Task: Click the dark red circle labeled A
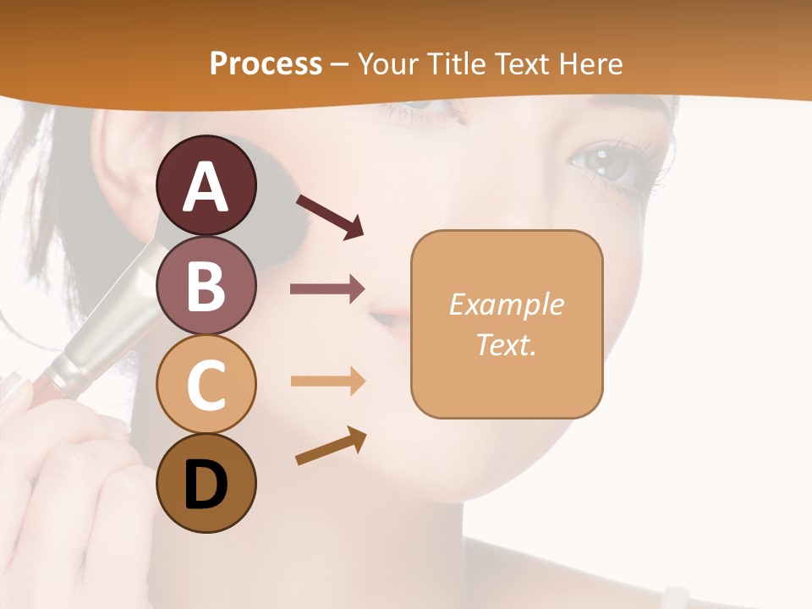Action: point(206,186)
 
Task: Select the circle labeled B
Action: point(206,285)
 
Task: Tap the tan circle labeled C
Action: point(206,384)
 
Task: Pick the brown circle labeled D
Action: point(206,483)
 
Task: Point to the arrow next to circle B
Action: point(327,289)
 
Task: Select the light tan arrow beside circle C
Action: point(327,381)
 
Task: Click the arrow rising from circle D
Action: point(331,447)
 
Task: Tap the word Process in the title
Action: point(266,63)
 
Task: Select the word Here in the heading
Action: point(588,63)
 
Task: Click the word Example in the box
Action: point(506,304)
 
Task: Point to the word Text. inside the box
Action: point(506,344)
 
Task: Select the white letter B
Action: point(206,285)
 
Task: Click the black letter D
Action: point(206,484)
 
